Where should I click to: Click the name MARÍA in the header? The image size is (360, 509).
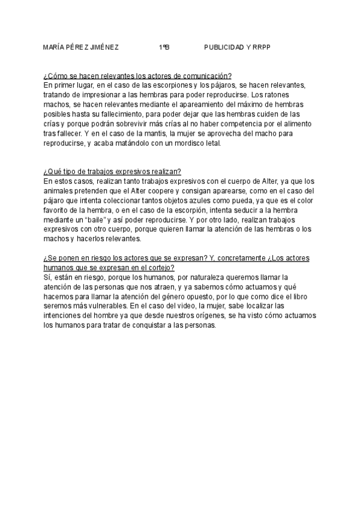pos(55,47)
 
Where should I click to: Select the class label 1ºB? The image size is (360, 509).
pos(164,47)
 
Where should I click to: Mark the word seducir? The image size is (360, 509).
pos(245,209)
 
